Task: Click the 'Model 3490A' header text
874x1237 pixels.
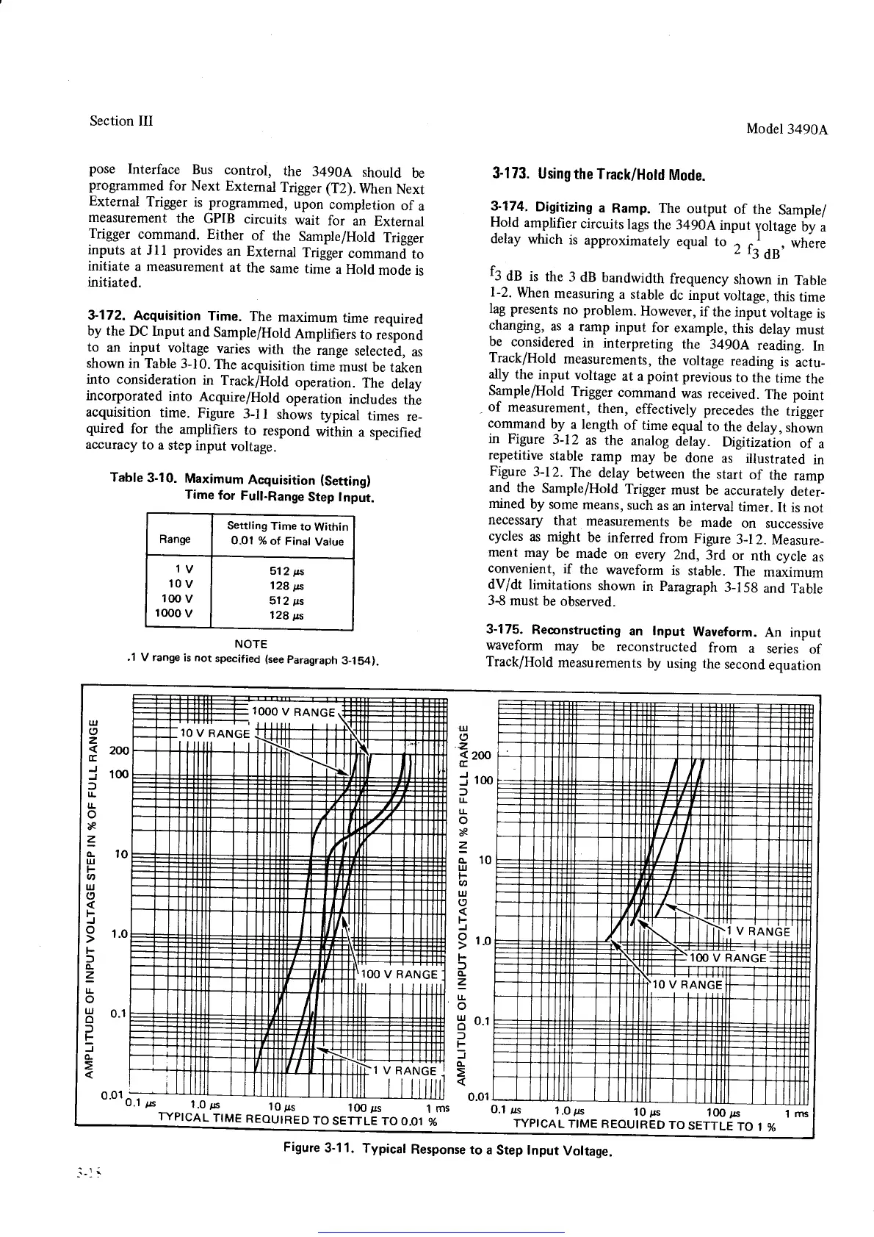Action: click(x=787, y=129)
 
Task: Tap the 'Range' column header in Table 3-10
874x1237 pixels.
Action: click(x=175, y=539)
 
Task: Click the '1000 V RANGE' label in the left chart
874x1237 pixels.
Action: click(x=293, y=711)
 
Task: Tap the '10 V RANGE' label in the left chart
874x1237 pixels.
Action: click(x=214, y=734)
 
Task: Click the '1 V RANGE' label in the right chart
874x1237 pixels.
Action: click(x=758, y=931)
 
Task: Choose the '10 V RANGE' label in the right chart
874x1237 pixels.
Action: click(x=688, y=984)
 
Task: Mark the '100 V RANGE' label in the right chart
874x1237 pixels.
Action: click(x=728, y=958)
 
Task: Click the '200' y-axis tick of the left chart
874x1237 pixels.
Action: click(x=118, y=750)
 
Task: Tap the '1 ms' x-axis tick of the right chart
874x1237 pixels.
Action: click(x=797, y=1114)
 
